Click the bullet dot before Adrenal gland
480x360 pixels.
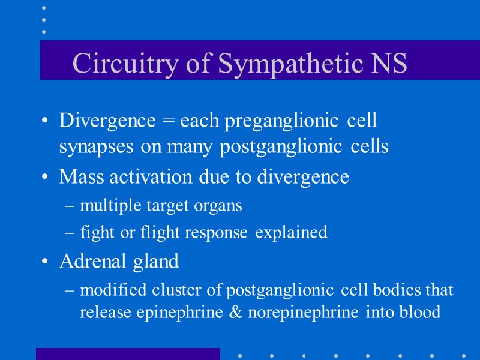pos(45,262)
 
